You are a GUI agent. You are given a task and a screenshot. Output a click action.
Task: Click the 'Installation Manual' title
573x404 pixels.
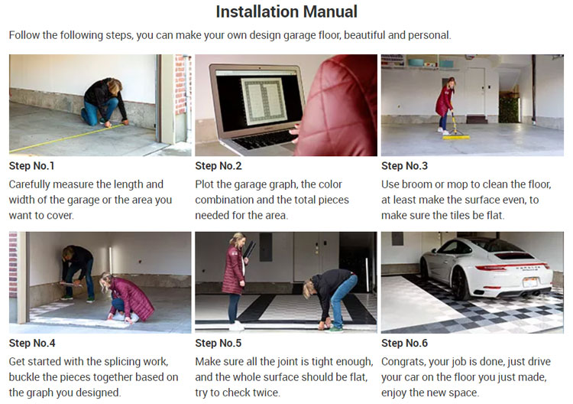[286, 11]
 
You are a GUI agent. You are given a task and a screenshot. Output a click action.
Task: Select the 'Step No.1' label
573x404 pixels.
[32, 166]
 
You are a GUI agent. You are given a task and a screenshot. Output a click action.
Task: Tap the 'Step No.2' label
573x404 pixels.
[219, 166]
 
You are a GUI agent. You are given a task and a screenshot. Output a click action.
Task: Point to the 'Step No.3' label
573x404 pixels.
[404, 166]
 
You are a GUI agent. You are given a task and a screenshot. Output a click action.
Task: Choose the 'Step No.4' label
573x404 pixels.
[32, 343]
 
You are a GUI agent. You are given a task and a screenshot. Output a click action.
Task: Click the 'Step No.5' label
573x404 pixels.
[219, 343]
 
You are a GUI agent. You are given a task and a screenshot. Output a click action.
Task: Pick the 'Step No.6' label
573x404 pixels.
[404, 343]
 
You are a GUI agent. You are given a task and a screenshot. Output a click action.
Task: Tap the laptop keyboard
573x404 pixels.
[266, 139]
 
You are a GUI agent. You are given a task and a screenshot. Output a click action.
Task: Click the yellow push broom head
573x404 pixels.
[456, 137]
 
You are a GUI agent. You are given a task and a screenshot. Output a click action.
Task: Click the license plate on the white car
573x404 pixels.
[529, 282]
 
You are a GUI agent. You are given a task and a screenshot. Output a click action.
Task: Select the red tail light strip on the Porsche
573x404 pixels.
[513, 266]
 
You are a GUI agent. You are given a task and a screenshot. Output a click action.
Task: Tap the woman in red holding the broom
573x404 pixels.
[445, 104]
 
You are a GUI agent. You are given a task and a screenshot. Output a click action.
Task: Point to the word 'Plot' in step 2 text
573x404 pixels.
[203, 184]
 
